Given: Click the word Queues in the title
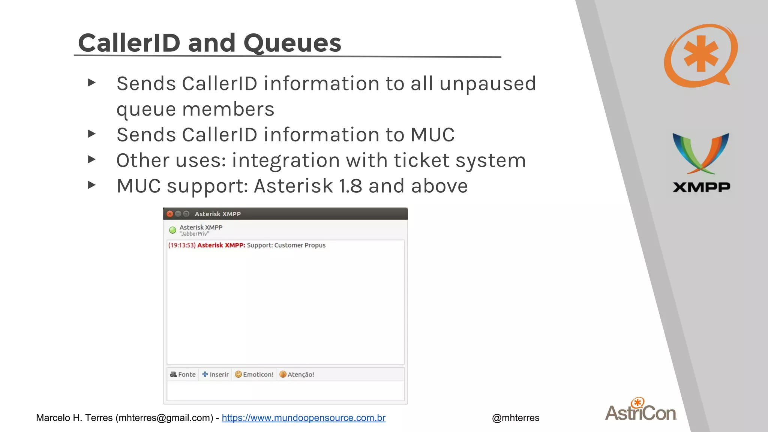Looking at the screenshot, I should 292,43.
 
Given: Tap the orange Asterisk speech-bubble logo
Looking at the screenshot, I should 700,55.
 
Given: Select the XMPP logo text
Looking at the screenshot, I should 701,187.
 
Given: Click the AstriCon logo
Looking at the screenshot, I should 641,410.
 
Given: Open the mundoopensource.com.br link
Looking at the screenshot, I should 303,418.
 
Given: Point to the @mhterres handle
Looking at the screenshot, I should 516,418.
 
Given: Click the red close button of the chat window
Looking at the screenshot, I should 170,214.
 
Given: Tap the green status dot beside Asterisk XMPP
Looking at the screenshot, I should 172,230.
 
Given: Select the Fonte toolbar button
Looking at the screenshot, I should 183,374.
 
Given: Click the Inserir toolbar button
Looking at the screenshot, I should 215,374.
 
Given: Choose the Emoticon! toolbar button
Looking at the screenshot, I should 254,374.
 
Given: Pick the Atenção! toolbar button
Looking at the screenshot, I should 297,374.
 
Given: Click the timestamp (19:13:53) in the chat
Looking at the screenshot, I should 182,245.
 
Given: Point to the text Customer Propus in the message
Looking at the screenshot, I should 300,245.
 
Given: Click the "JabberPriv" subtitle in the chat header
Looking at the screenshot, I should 194,234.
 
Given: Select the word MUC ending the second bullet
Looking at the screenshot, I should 432,135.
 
